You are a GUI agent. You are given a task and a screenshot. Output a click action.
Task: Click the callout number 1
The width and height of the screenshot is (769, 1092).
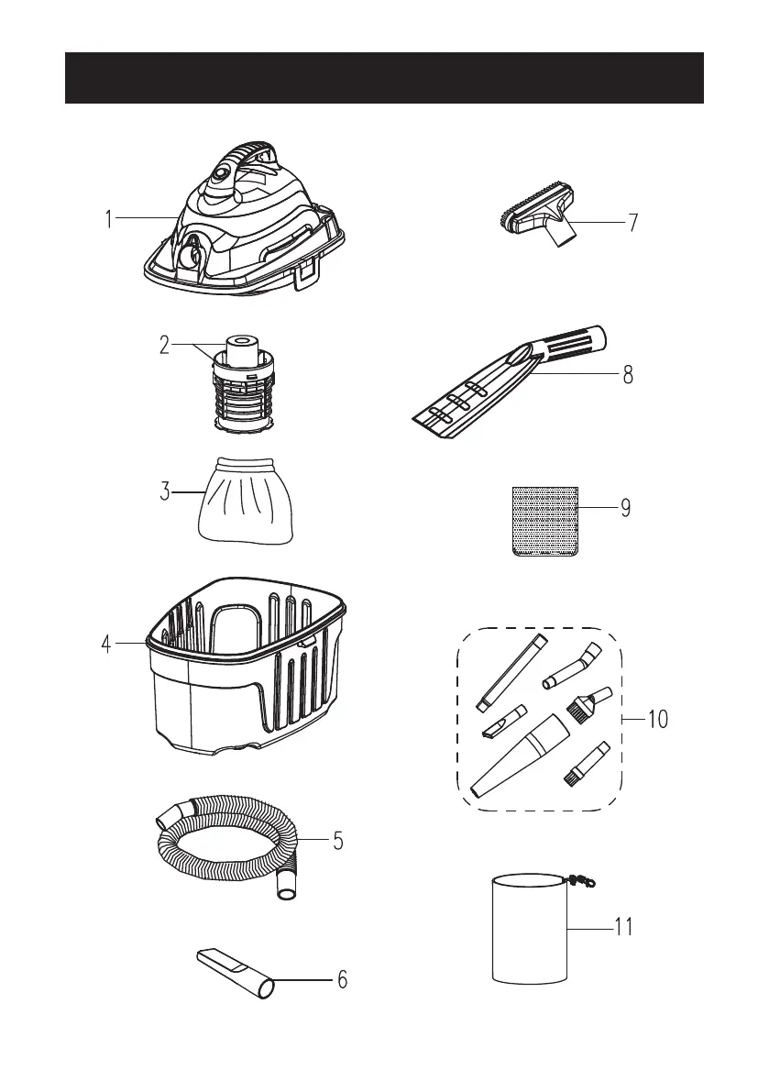pos(108,220)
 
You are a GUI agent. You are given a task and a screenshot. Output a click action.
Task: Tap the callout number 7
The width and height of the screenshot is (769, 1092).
pos(633,223)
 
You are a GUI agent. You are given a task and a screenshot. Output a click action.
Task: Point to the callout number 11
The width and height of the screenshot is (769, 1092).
pos(623,927)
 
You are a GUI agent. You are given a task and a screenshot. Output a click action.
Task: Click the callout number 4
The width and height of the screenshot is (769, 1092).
pos(107,645)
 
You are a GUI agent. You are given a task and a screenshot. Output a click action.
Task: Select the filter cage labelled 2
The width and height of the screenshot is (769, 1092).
pos(246,385)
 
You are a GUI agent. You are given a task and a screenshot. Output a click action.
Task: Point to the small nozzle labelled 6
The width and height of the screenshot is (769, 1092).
pos(235,972)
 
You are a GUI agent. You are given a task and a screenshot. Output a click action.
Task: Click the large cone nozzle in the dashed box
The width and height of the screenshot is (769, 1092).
pos(519,756)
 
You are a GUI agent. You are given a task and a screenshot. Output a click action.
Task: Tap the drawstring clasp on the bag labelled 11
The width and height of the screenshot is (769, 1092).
pos(579,879)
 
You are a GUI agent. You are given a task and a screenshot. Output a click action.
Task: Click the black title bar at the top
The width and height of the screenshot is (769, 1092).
pos(384,78)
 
